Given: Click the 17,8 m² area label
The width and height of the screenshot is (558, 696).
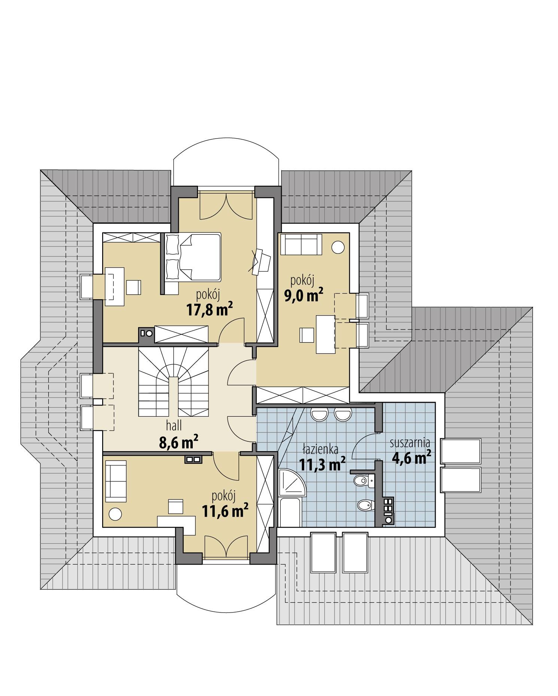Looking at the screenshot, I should click(209, 309).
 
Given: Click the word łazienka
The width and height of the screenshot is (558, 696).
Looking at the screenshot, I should click(320, 449).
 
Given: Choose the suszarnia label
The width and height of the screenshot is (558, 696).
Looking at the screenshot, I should click(409, 443).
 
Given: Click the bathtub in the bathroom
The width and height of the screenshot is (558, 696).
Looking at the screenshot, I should click(290, 512).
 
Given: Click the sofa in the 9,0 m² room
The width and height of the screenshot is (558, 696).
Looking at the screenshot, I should click(301, 244).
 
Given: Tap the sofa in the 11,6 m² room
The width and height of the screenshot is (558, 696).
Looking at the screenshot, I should click(116, 481).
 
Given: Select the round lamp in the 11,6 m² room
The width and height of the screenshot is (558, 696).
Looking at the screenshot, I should click(115, 513).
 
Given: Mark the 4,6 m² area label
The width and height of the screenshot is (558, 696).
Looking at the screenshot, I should click(411, 457).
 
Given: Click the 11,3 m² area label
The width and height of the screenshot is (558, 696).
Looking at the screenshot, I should click(322, 464).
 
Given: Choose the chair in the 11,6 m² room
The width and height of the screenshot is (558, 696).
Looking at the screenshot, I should click(176, 507).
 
